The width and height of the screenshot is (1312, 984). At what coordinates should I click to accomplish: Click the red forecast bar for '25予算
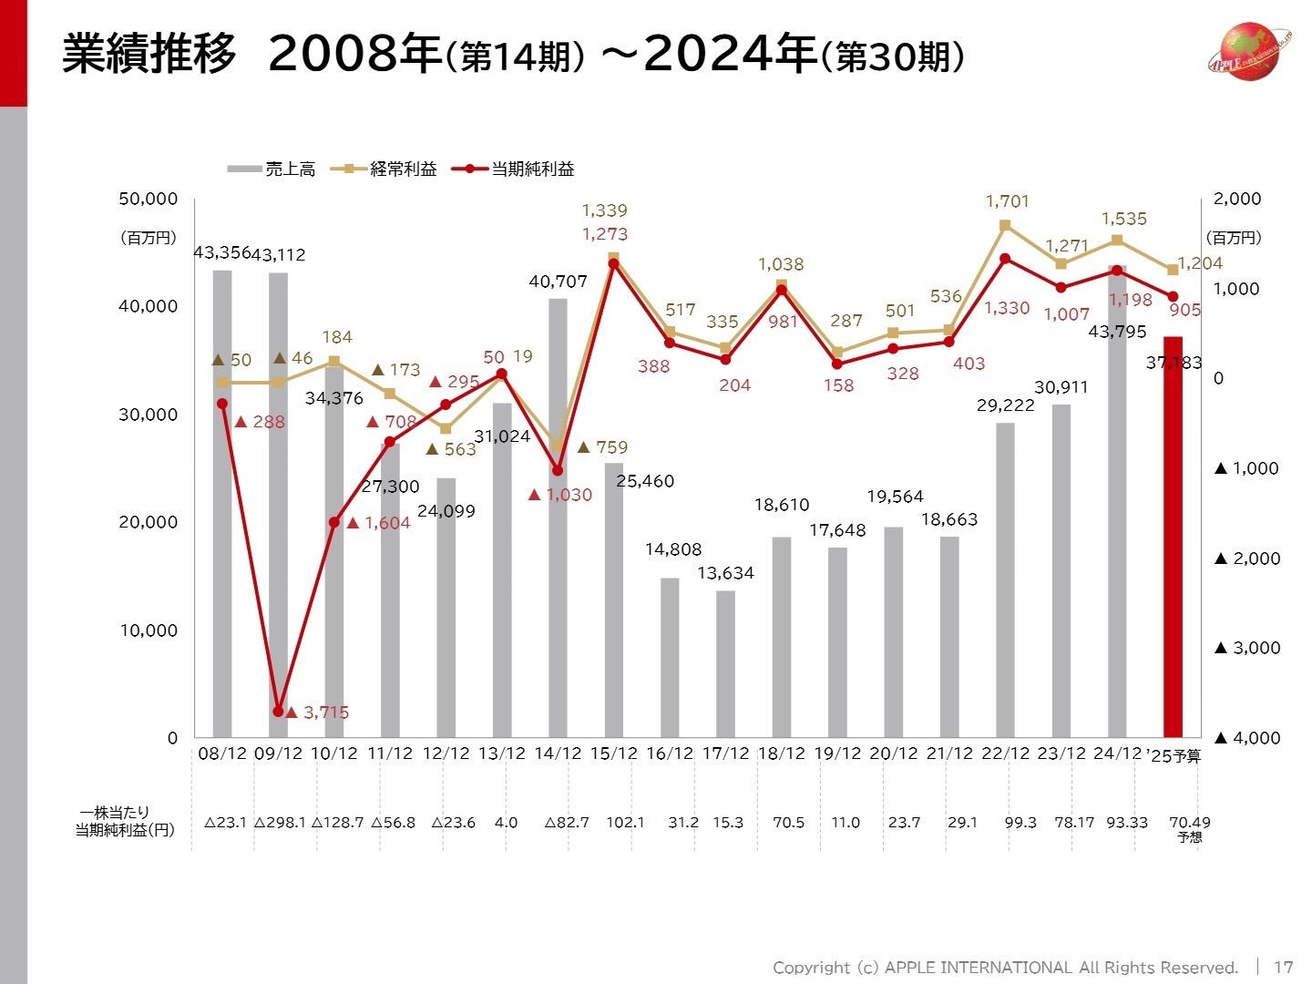click(1173, 538)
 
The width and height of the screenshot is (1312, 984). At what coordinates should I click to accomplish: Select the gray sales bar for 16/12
click(670, 658)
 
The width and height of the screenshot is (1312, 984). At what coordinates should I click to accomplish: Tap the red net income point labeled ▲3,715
click(278, 712)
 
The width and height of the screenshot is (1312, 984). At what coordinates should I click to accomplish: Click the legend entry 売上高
click(272, 169)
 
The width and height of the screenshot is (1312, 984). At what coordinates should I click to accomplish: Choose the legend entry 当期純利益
click(519, 169)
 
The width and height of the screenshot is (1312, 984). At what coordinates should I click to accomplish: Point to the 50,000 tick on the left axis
click(148, 199)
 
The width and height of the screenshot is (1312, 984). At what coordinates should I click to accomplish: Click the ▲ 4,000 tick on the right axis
click(1246, 738)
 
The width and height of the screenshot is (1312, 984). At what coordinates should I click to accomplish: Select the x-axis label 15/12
click(613, 754)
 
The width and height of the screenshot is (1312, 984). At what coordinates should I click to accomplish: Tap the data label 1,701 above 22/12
click(1007, 201)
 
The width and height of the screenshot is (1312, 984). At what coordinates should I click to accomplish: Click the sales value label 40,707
click(558, 282)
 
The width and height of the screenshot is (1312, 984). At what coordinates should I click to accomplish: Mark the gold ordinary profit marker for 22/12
click(1005, 225)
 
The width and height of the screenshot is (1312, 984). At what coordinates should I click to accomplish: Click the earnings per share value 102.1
click(625, 823)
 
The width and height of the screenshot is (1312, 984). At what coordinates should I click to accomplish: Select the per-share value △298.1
click(280, 823)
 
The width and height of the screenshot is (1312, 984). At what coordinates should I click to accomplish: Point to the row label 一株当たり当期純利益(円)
click(124, 822)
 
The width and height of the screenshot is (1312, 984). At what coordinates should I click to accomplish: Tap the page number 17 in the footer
click(1283, 968)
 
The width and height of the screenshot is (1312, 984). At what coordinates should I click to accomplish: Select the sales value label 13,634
click(725, 573)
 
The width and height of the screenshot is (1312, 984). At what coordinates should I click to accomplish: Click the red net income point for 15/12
click(613, 264)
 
